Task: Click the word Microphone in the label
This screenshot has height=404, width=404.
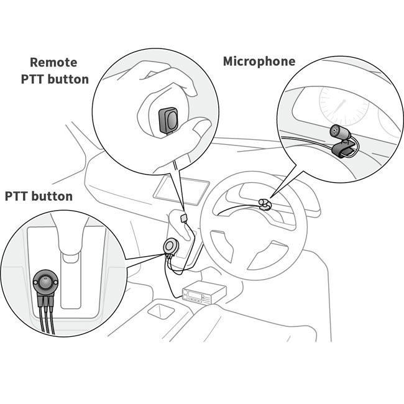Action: (259, 62)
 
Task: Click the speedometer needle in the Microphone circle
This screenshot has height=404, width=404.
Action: (339, 109)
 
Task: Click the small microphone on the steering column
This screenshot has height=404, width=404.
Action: (265, 203)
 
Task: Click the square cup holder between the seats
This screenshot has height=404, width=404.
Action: (162, 309)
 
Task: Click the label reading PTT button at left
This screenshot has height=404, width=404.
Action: (39, 196)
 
